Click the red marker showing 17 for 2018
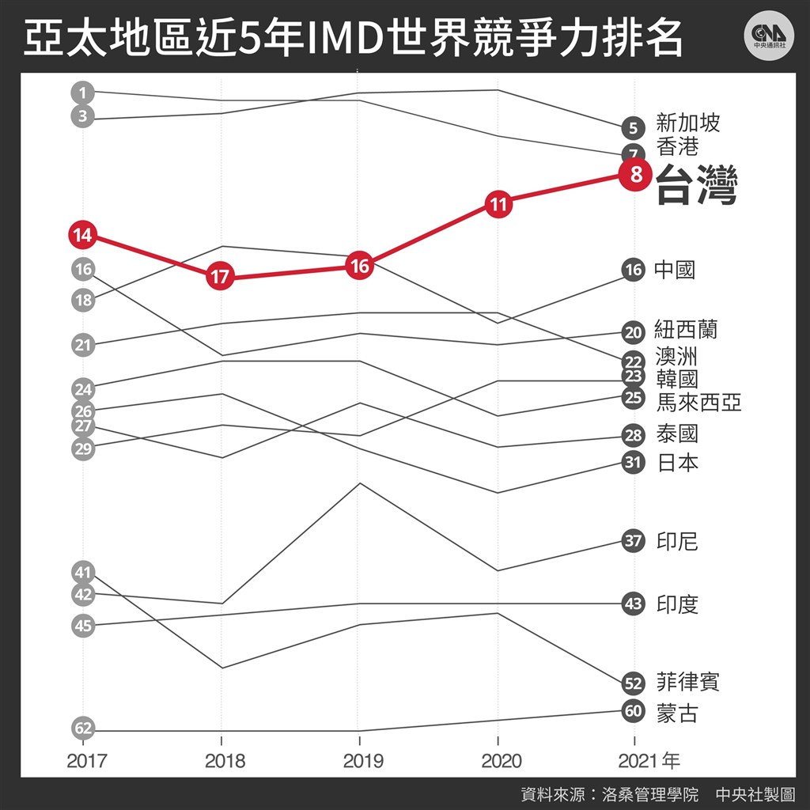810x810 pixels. click(221, 278)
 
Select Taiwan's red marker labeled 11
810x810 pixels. click(498, 205)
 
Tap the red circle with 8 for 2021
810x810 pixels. click(635, 175)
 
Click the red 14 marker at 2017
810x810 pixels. click(82, 235)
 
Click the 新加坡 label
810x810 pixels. click(688, 123)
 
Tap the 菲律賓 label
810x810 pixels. click(687, 682)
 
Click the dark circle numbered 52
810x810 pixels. click(633, 683)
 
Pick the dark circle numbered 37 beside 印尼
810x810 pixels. click(633, 542)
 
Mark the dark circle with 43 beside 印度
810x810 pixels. click(633, 604)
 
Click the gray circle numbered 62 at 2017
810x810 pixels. click(82, 727)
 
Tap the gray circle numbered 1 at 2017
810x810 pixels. click(82, 93)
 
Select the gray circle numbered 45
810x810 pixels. click(82, 626)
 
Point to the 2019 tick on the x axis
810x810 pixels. click(360, 761)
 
